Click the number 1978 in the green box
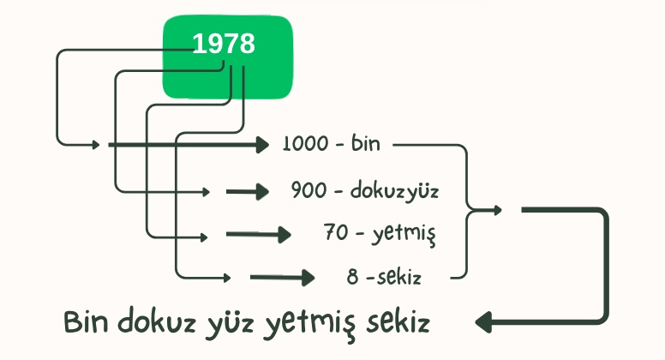coord(224,44)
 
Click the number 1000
coord(305,144)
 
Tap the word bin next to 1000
coord(365,143)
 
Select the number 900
coord(309,189)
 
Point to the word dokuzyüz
coord(394,191)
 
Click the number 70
coord(336,232)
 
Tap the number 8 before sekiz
coord(352,277)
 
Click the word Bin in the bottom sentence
coord(86,321)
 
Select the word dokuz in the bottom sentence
coord(157,321)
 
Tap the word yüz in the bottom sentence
coord(230,324)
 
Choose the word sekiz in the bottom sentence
coord(398,321)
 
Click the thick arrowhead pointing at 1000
coord(262,145)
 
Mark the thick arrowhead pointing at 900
coord(262,192)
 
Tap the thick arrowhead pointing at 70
coord(285,235)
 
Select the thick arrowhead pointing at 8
coord(308,278)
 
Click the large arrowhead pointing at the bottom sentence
coord(483,322)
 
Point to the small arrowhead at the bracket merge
coord(498,209)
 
